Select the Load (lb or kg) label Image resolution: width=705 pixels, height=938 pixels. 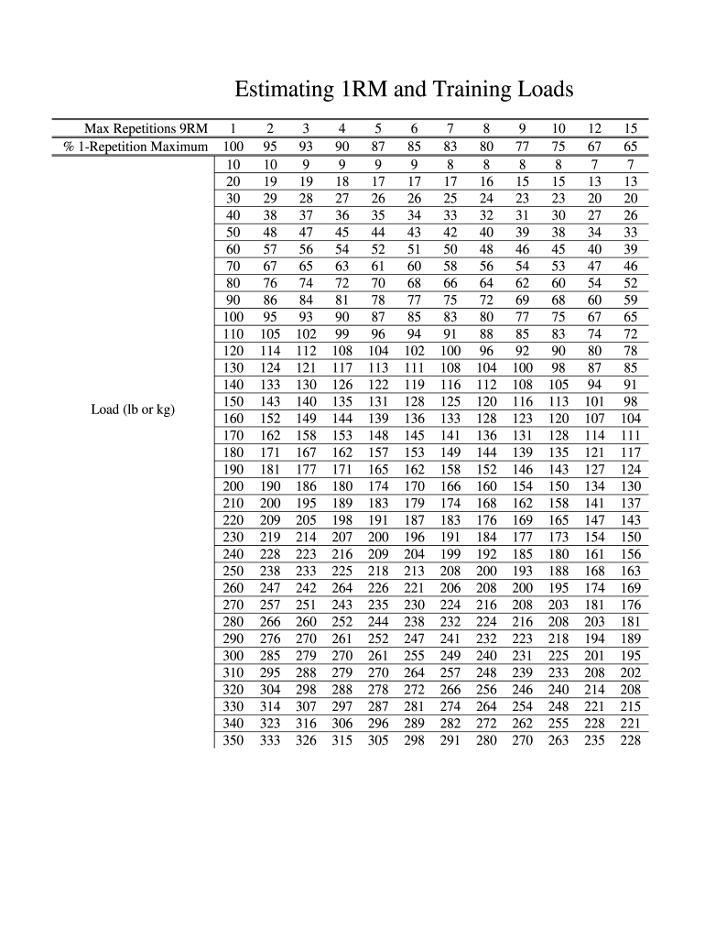133,409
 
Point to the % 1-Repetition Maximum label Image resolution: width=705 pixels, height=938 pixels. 138,147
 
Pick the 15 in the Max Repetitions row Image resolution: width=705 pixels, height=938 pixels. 630,128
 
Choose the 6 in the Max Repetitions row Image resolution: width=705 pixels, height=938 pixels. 414,128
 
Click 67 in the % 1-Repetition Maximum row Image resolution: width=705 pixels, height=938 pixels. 594,147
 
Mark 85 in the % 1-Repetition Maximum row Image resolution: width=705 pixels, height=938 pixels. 414,147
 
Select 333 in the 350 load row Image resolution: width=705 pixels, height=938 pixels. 269,741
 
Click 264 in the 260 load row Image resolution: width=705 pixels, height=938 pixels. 342,587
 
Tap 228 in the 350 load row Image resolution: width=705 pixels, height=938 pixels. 630,741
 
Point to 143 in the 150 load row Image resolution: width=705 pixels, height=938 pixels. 269,400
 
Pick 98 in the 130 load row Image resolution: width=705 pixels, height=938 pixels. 559,367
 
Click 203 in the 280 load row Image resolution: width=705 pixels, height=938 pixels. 594,620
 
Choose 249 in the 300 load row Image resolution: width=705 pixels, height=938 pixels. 450,656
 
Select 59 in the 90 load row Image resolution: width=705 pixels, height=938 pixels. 630,299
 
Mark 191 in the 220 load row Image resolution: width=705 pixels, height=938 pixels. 377,520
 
